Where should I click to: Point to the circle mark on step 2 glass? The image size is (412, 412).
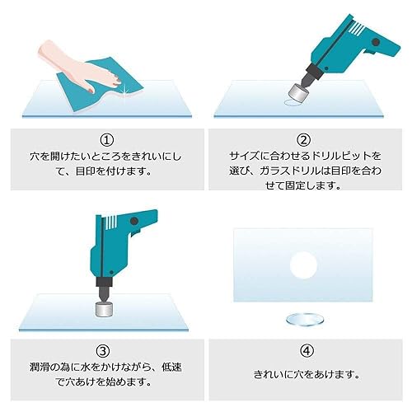click(x=292, y=103)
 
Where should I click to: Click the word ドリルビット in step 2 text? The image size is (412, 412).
click(x=333, y=155)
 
